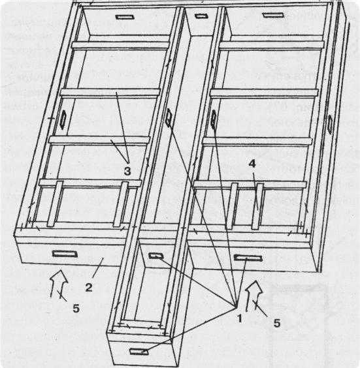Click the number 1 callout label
pyautogui.click(x=240, y=318)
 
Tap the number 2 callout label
pyautogui.click(x=89, y=288)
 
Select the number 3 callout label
pyautogui.click(x=127, y=171)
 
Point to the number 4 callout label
pyautogui.click(x=252, y=164)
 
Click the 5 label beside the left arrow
pyautogui.click(x=76, y=308)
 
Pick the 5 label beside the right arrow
pyautogui.click(x=277, y=323)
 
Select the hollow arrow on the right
pyautogui.click(x=254, y=296)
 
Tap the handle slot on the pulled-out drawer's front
pyautogui.click(x=139, y=351)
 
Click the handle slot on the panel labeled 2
pyautogui.click(x=65, y=254)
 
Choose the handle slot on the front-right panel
pyautogui.click(x=248, y=258)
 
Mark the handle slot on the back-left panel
pyautogui.click(x=125, y=17)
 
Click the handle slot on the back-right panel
pyautogui.click(x=273, y=15)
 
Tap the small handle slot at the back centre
pyautogui.click(x=200, y=16)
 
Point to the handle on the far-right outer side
pyautogui.click(x=330, y=124)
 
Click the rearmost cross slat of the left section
pyautogui.click(x=120, y=45)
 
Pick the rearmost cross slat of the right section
pyautogui.click(x=271, y=45)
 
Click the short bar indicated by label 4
pyautogui.click(x=257, y=206)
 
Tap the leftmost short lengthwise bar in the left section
pyautogui.click(x=55, y=204)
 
